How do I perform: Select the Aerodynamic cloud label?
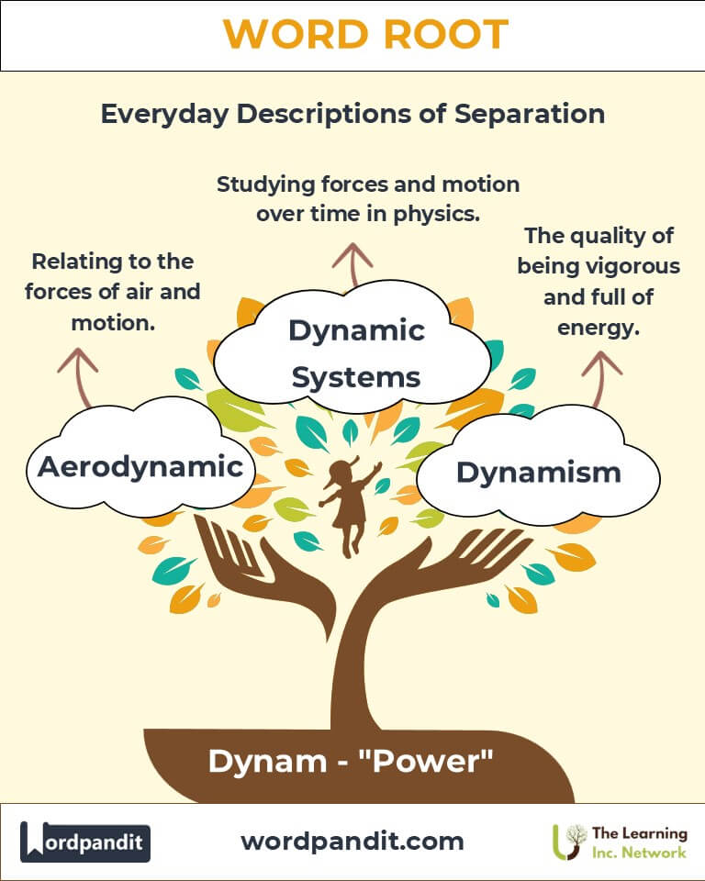[x=140, y=466]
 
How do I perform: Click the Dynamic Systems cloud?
[x=356, y=352]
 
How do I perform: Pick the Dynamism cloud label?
[x=538, y=472]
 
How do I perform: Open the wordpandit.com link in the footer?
[x=352, y=841]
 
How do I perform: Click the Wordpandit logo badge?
[x=85, y=842]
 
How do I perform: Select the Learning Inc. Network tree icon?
[x=569, y=842]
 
